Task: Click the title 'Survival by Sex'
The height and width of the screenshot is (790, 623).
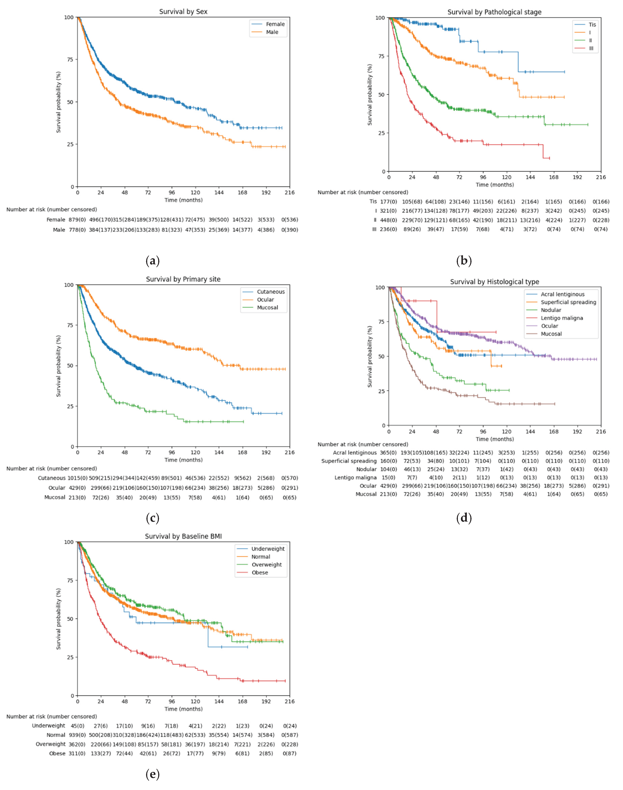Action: (183, 12)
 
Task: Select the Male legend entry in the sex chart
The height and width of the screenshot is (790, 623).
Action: (272, 32)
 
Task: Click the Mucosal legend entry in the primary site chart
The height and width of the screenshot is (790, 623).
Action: (267, 308)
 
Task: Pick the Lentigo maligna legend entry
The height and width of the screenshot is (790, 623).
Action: (562, 318)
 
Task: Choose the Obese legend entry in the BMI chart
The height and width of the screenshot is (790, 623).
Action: (260, 573)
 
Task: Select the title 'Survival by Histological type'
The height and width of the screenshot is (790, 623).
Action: (494, 282)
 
